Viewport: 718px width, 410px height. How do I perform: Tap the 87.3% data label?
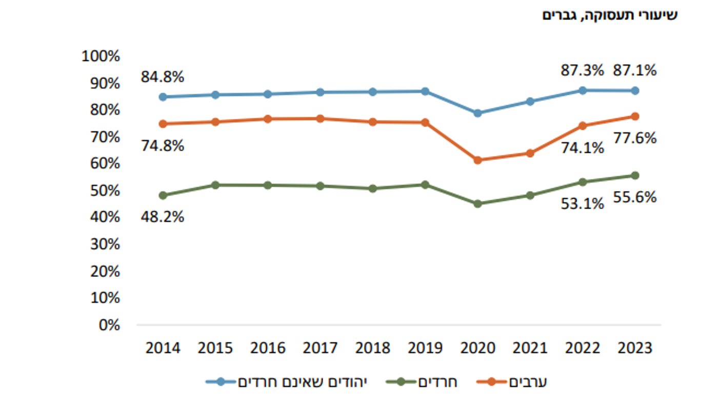(x=582, y=70)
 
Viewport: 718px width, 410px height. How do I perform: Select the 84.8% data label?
(x=162, y=77)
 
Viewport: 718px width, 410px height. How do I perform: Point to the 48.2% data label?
(x=162, y=217)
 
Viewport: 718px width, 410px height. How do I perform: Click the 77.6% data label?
(x=635, y=138)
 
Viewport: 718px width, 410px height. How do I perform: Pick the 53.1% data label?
(x=582, y=204)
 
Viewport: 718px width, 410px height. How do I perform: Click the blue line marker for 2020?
(x=477, y=113)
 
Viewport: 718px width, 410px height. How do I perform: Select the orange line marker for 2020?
(x=477, y=160)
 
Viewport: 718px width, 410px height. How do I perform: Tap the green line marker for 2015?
(x=215, y=185)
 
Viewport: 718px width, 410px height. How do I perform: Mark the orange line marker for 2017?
(x=320, y=118)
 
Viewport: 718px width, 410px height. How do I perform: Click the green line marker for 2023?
(x=635, y=175)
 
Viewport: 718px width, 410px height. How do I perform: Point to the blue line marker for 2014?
(x=163, y=97)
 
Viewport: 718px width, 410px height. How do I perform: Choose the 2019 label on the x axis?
(x=425, y=348)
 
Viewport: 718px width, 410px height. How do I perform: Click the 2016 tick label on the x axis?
(x=268, y=348)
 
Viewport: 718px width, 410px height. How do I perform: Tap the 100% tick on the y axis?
(x=101, y=56)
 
